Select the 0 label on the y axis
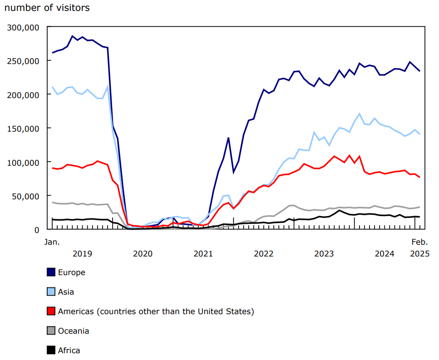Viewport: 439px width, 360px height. (37, 229)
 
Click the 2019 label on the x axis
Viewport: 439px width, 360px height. (82, 253)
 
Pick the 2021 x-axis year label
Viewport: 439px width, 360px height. (203, 253)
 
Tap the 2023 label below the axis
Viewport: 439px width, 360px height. (324, 253)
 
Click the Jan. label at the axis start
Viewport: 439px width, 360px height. (52, 242)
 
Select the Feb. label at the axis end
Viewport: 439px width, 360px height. (419, 242)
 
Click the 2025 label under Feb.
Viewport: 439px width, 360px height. (419, 253)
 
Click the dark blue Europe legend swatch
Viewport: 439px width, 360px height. (51, 272)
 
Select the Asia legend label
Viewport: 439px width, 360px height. (66, 292)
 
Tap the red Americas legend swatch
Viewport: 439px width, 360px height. (51, 311)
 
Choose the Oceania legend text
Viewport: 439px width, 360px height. (73, 331)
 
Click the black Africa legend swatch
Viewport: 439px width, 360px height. (51, 350)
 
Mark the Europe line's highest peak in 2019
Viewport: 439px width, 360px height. (72, 36)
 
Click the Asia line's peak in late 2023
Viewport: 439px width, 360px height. (360, 113)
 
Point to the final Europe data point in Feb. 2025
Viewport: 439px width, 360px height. (419, 71)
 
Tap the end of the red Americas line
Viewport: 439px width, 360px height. (419, 177)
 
